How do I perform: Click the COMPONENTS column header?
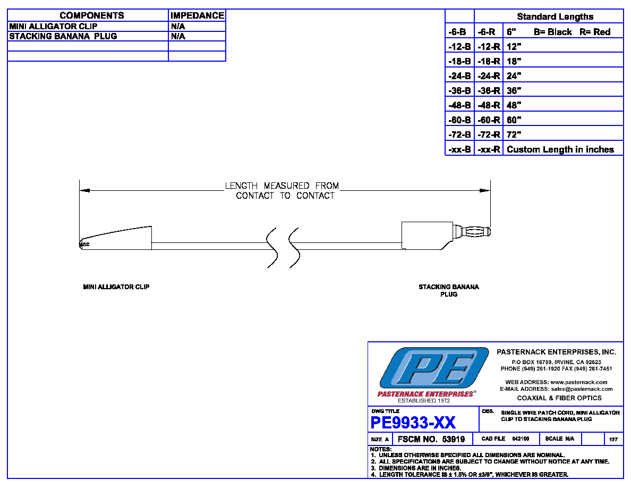point(92,15)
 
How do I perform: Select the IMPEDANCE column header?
point(197,15)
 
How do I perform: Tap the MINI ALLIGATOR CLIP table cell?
point(53,26)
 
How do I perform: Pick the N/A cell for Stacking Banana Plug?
point(178,36)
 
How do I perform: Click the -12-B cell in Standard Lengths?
point(459,47)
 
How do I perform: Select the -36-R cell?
point(489,90)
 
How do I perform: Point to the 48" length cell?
point(514,105)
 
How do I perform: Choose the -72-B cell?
point(459,134)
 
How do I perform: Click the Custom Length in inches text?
point(560,149)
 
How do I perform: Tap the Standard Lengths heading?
point(555,16)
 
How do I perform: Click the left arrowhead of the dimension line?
point(84,190)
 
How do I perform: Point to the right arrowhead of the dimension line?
point(485,190)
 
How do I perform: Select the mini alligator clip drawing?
point(115,239)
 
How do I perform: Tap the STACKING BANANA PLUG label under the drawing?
point(449,290)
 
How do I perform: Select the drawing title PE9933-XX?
point(413,423)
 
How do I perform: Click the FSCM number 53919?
point(454,439)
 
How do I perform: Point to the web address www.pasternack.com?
point(579,382)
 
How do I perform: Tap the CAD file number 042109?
point(521,439)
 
